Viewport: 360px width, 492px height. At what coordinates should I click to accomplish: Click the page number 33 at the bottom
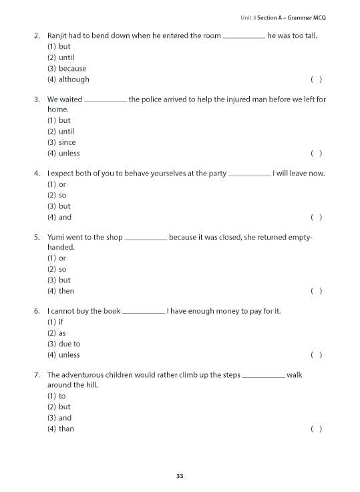pos(180,476)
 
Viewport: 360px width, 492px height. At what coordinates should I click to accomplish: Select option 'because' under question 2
pos(71,68)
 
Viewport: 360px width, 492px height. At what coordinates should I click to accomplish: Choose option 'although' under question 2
pos(73,79)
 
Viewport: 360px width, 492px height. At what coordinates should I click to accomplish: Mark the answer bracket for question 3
pos(317,153)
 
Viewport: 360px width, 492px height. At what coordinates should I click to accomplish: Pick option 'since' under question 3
pos(67,142)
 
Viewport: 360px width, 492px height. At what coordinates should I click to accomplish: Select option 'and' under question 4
pos(65,217)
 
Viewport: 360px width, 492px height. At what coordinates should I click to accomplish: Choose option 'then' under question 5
pos(66,291)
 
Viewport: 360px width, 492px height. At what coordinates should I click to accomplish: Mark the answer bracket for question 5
pos(317,291)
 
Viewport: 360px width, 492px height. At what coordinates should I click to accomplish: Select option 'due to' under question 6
pos(69,344)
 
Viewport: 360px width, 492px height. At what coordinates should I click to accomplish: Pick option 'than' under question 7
pos(66,429)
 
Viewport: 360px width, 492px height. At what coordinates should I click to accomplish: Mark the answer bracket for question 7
pos(317,429)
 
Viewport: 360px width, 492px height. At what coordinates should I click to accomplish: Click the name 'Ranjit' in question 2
pos(59,35)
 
